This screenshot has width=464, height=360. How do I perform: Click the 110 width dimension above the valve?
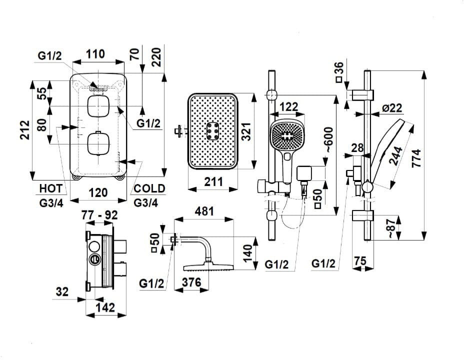tap(95, 54)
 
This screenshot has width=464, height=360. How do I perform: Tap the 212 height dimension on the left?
tap(25, 130)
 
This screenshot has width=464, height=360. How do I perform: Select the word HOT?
tap(51, 188)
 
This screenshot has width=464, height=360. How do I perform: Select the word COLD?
tap(149, 188)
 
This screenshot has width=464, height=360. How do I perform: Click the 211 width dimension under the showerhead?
tap(213, 181)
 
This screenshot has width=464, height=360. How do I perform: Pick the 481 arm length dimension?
tap(204, 211)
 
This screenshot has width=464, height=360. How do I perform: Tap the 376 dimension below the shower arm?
tap(191, 282)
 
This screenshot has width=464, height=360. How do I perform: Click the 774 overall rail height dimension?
tap(416, 158)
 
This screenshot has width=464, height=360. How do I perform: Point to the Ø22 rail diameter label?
tap(392, 108)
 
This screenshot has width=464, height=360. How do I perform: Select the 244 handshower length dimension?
tap(396, 156)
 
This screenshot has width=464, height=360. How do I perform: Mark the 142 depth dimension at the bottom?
tap(105, 307)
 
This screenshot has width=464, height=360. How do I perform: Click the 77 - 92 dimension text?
tap(99, 215)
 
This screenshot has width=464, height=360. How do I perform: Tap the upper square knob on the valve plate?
tap(98, 106)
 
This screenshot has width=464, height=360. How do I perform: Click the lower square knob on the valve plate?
tap(98, 144)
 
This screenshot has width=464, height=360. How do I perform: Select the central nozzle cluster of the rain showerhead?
tap(212, 130)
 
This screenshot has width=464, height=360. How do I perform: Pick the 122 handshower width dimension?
tap(288, 106)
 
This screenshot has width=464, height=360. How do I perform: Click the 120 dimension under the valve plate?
tap(98, 192)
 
